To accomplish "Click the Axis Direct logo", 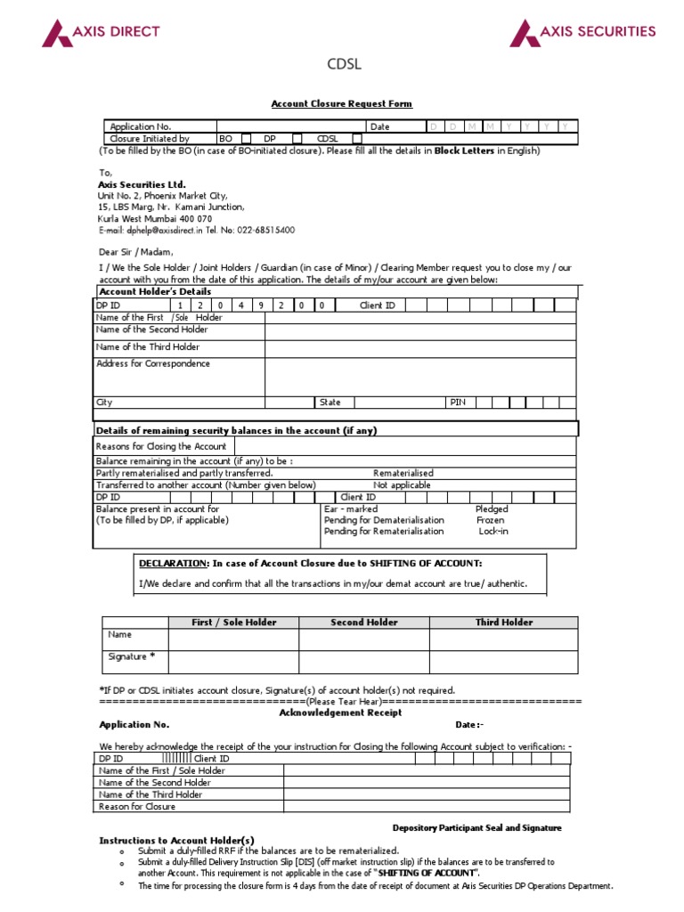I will point(101,33).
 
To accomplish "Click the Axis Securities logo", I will point(582,33).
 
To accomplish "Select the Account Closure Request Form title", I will point(341,104).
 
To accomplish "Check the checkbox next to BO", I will point(247,139).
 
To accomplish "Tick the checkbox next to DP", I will point(297,139).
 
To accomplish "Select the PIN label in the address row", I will point(458,403).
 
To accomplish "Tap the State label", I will point(330,403).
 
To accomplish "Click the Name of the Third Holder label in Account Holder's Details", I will point(148,347).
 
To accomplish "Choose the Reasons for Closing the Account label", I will point(161,446).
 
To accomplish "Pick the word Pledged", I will point(492,509).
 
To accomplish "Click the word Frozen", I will point(490,520).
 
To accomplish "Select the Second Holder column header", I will point(363,623).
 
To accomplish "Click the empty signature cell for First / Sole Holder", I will point(233,661).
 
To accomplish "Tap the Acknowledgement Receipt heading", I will point(340,712).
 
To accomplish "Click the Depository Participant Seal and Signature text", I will point(476,827).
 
